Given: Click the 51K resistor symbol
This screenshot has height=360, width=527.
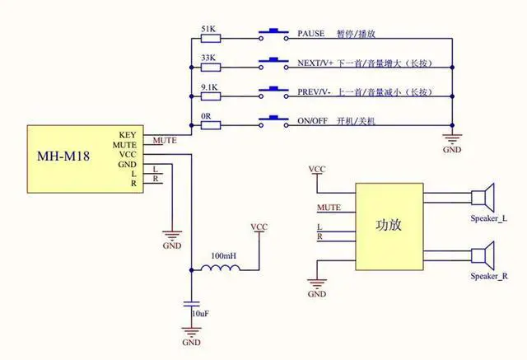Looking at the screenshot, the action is click(x=211, y=39).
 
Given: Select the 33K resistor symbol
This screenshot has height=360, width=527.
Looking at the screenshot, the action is click(x=211, y=68).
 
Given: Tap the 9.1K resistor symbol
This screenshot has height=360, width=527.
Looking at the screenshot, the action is click(x=211, y=96).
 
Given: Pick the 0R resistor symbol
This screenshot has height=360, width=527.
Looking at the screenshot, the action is click(x=211, y=126).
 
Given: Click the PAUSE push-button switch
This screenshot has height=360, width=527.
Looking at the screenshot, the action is click(x=273, y=35).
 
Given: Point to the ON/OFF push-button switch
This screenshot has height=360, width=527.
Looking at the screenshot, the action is click(x=273, y=122).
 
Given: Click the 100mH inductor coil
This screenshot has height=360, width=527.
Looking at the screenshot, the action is click(x=221, y=268).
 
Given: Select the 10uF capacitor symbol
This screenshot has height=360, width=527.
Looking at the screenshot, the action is click(x=192, y=304).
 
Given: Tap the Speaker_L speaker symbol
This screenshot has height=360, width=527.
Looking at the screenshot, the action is click(x=483, y=198).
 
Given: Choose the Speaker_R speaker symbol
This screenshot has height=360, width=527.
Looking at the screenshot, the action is click(x=483, y=256).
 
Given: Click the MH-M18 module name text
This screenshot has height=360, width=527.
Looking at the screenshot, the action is click(x=63, y=157).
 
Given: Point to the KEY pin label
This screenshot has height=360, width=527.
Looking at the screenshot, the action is click(x=128, y=135).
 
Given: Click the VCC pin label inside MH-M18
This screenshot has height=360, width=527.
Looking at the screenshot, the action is click(x=128, y=155).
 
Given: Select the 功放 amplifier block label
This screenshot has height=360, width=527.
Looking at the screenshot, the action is click(x=389, y=225).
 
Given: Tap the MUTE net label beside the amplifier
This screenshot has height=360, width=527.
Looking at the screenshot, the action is click(x=329, y=208).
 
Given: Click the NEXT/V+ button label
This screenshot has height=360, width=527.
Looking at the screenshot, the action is click(x=315, y=63).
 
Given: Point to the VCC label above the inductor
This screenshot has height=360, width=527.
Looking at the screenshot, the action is click(x=259, y=227).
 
